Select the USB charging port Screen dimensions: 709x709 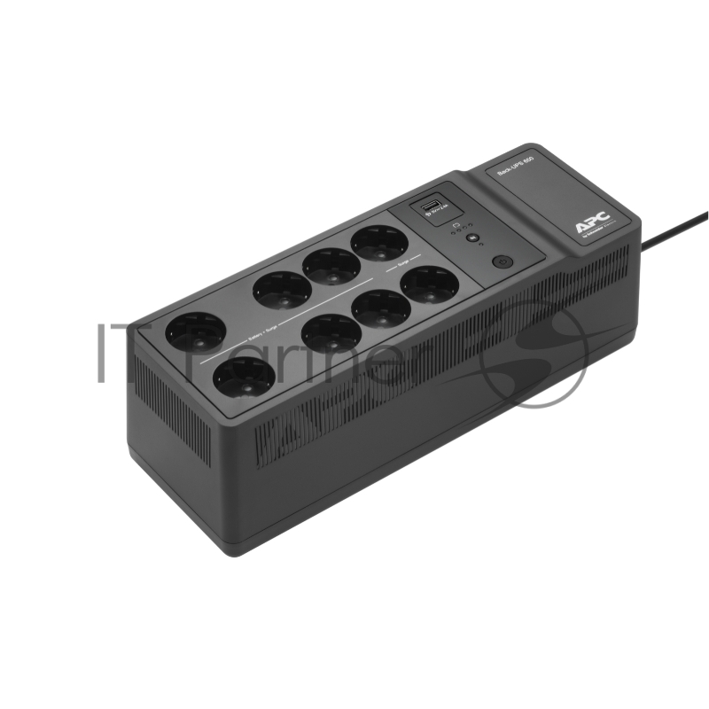(x=430, y=207)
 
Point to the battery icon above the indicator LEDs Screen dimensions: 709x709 (x=453, y=226)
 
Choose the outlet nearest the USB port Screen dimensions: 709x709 (x=378, y=242)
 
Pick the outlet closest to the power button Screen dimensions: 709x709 (x=429, y=284)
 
